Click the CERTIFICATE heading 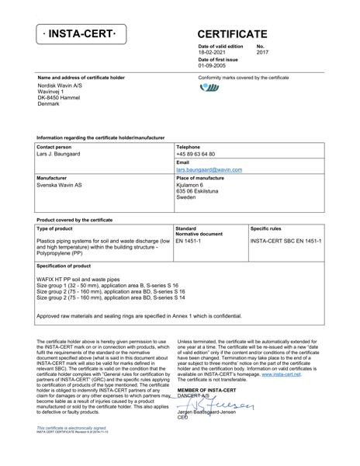234,34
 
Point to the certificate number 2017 262,53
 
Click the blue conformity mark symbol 209,88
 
